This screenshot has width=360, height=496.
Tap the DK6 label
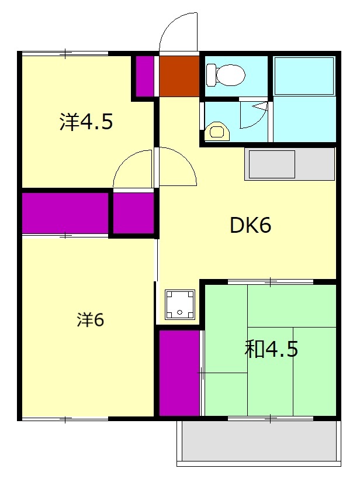(x=250, y=225)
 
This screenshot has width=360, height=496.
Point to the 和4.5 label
(x=271, y=349)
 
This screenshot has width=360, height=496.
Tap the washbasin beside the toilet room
(x=217, y=132)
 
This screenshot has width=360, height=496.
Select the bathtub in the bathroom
(x=304, y=75)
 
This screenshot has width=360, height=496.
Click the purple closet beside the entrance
(x=145, y=76)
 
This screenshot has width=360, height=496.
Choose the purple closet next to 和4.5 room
(x=179, y=373)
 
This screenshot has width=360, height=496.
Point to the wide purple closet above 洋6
(x=65, y=213)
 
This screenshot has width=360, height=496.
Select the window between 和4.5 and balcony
(x=271, y=419)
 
